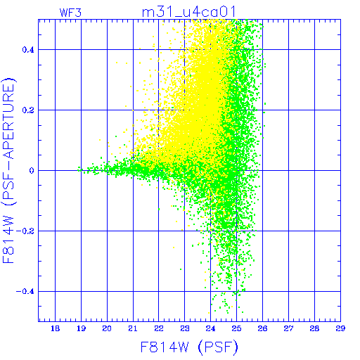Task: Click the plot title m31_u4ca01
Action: click(x=188, y=12)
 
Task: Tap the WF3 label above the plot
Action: click(x=70, y=13)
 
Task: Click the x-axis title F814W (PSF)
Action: click(x=189, y=347)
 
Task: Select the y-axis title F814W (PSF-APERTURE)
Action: click(x=8, y=170)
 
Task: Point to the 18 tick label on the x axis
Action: click(x=55, y=328)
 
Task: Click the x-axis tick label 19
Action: click(x=81, y=328)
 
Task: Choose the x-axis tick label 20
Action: click(x=107, y=328)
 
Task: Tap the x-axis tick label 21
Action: click(x=133, y=328)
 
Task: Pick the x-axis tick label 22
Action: click(x=159, y=328)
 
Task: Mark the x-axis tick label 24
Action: click(x=210, y=328)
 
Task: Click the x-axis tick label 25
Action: click(x=236, y=328)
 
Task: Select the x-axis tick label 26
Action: click(x=262, y=328)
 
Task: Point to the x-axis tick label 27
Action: click(x=288, y=328)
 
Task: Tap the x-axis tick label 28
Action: click(x=314, y=328)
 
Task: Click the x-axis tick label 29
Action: click(x=340, y=328)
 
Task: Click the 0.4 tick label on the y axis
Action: click(x=28, y=50)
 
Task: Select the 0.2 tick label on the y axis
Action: click(x=28, y=110)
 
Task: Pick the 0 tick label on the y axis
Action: click(x=32, y=171)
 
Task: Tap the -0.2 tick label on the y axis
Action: click(x=25, y=231)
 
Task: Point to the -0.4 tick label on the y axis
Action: click(x=25, y=292)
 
